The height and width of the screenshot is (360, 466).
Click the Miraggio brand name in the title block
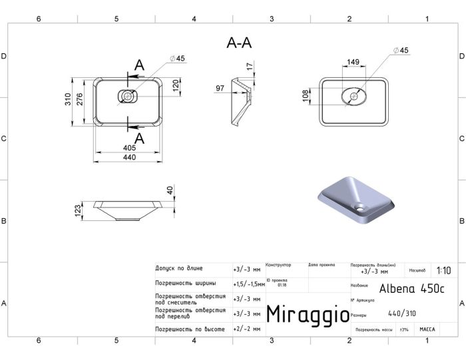point(307,314)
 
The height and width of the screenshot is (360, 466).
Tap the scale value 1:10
point(443,271)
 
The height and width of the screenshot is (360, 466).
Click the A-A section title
point(239,43)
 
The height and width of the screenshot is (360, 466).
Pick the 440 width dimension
point(129,157)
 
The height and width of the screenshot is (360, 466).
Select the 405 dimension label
point(129,148)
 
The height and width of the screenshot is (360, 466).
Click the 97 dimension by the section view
point(220,88)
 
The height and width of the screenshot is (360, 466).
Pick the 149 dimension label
point(353,62)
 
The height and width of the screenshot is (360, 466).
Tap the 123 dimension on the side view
point(78,212)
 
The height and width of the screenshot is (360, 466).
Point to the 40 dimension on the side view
point(170,190)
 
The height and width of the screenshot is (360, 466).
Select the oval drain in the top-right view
point(354,97)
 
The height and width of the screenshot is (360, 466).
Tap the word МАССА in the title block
point(427,329)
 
